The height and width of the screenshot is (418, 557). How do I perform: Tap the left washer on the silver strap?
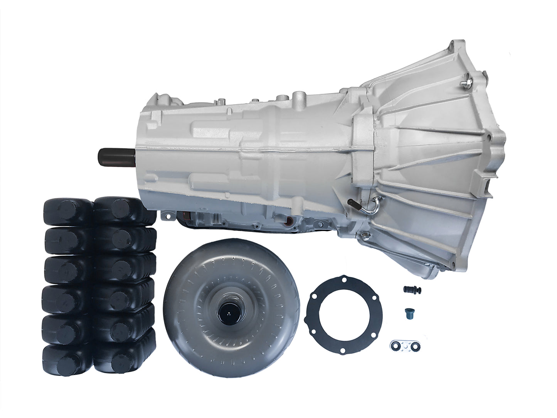pos(395,344)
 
